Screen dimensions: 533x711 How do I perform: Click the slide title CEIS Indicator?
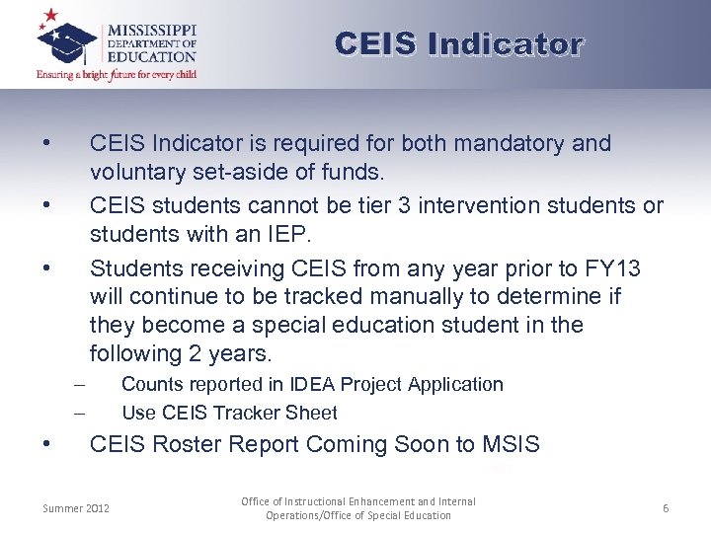click(459, 44)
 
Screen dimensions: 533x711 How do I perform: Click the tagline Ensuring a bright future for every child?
click(117, 75)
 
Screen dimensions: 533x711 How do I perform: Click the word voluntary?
click(132, 173)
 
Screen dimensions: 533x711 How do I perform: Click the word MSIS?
click(511, 445)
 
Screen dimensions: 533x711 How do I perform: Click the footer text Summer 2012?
click(76, 509)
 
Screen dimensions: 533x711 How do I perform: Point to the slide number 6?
click(666, 508)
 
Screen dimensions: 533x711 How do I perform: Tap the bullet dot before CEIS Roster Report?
click(47, 443)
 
